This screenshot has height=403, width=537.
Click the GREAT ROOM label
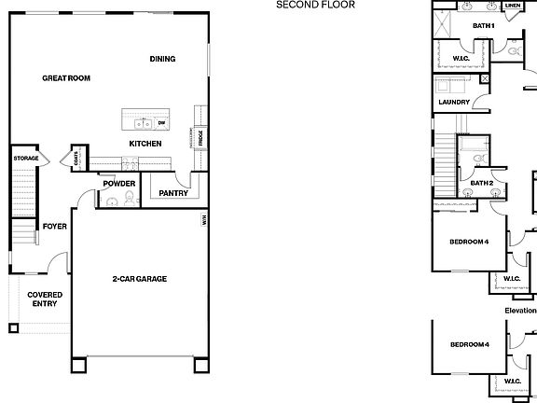tap(66, 77)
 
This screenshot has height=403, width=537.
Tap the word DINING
tap(163, 60)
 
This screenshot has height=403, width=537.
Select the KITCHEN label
tap(145, 144)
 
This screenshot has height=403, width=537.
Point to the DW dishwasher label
tap(161, 122)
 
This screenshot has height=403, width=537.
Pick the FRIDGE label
tap(200, 138)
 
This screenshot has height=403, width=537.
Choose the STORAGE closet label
tap(26, 159)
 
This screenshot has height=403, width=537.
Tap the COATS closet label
tap(76, 160)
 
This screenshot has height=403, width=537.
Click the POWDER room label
tap(119, 183)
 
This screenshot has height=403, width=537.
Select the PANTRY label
tap(174, 193)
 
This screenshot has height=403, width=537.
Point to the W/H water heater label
tap(203, 220)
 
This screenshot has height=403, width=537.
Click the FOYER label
tap(54, 226)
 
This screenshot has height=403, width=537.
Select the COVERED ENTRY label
tap(44, 299)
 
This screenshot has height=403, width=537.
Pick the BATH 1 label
tap(483, 25)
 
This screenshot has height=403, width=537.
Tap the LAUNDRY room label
tap(453, 102)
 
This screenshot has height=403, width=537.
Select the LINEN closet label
tap(513, 5)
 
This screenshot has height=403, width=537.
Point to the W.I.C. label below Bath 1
tap(461, 58)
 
